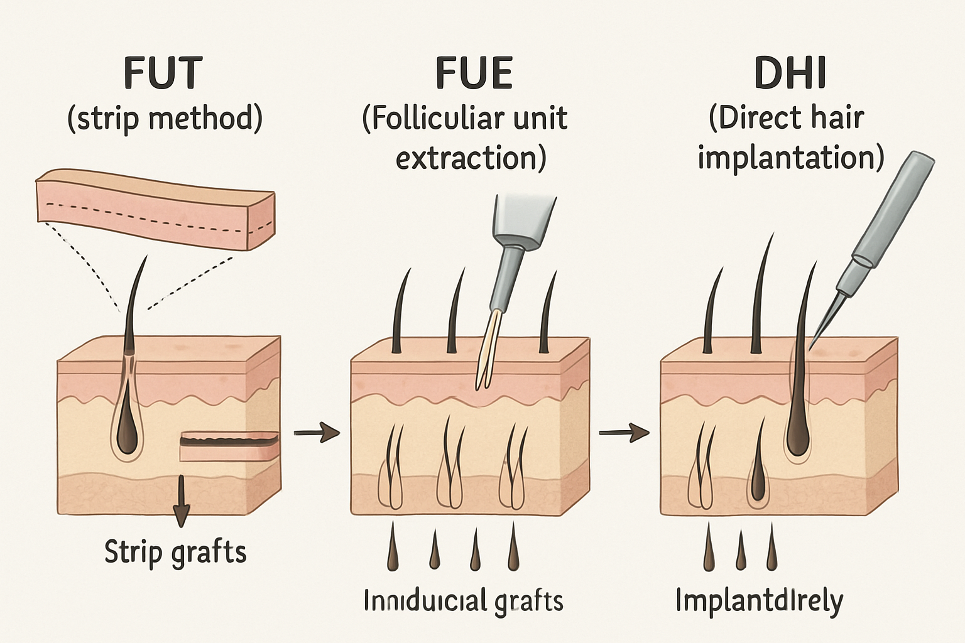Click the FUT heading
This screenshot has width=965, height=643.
(163, 73)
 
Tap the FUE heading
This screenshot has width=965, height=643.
(474, 73)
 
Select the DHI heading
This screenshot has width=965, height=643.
(790, 73)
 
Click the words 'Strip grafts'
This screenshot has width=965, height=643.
(175, 553)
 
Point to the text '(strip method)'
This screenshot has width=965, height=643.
(165, 119)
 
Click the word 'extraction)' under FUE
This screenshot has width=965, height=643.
(471, 157)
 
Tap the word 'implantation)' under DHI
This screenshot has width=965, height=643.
(790, 157)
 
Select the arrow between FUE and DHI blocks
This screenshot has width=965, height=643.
(623, 432)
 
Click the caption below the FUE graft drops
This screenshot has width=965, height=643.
(464, 601)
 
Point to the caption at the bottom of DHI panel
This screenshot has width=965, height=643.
(759, 601)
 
